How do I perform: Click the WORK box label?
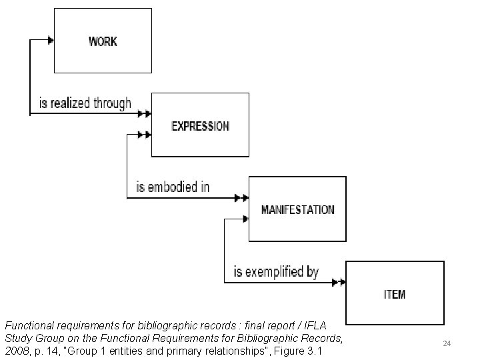[103, 41]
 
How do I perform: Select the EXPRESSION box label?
[200, 126]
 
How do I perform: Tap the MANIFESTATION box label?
[297, 209]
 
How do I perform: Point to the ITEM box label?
[395, 294]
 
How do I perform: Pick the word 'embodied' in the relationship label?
[175, 187]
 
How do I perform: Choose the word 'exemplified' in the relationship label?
[275, 272]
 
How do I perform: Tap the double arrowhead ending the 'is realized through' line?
[143, 114]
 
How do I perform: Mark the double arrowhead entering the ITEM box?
[339, 282]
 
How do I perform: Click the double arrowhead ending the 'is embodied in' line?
[241, 198]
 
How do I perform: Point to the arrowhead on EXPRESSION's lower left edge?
[142, 135]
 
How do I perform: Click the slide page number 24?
[447, 343]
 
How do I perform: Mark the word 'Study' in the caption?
[21, 338]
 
